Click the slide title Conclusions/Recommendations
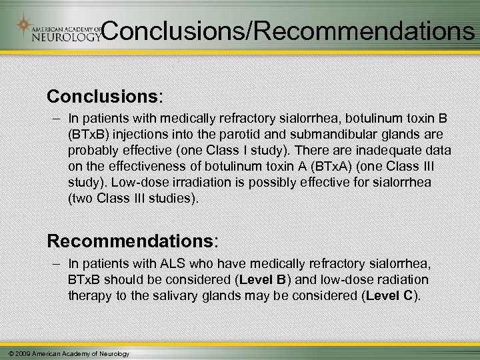click(x=289, y=31)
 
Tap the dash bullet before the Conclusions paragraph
click(x=53, y=118)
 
